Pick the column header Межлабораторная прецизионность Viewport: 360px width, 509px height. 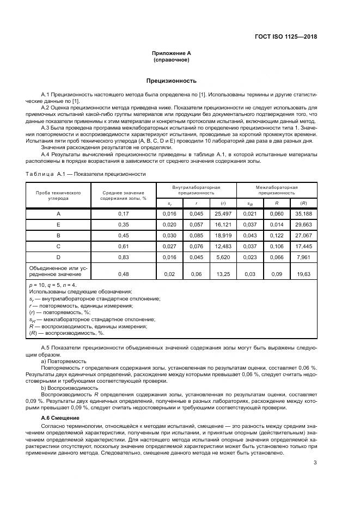click(277, 189)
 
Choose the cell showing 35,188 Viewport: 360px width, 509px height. click(303, 214)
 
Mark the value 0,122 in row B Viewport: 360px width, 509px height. click(277, 237)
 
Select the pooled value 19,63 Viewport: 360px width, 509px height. click(303, 274)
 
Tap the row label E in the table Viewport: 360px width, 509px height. click(58, 225)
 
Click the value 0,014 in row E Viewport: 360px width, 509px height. click(277, 225)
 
